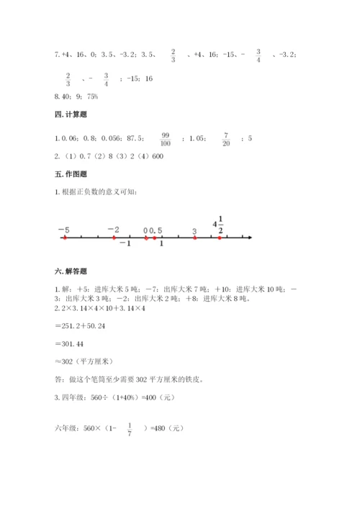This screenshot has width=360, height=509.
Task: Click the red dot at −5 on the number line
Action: point(65,238)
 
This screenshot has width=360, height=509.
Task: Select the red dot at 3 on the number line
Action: point(195,238)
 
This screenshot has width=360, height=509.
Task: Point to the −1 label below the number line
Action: point(125,245)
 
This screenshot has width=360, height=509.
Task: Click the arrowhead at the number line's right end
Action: point(248,238)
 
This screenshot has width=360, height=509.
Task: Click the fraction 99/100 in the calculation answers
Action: point(165,137)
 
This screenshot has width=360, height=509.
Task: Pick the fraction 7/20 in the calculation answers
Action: point(225,137)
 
